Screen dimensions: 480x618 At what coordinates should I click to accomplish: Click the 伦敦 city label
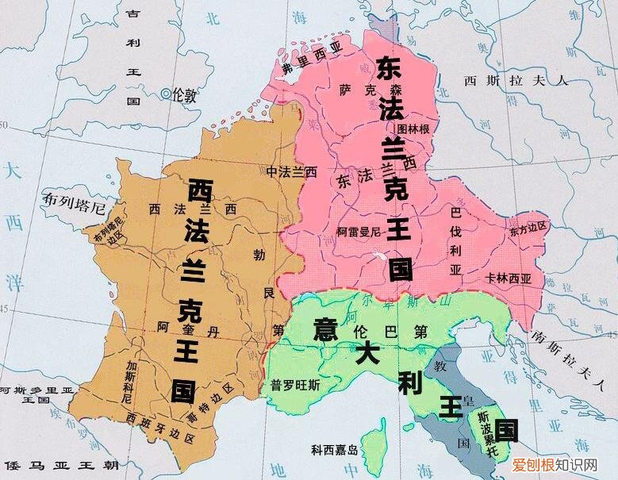pos(185,94)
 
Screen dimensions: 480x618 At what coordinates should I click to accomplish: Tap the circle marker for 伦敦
pos(166,94)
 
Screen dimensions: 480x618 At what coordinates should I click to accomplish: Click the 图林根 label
pos(413,128)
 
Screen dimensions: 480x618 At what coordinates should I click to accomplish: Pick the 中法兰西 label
pos(291,171)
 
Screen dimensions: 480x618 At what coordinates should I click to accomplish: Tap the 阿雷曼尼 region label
pos(360,232)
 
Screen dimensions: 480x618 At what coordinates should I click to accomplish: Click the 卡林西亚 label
pos(509,278)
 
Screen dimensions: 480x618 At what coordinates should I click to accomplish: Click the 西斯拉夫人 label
pos(516,80)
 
